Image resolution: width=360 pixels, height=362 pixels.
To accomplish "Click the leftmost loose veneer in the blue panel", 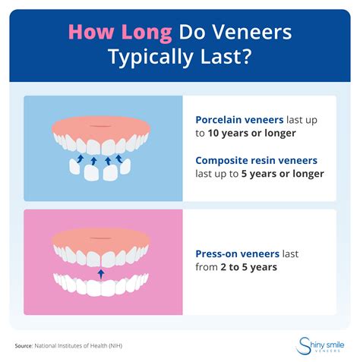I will [x=71, y=168].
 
